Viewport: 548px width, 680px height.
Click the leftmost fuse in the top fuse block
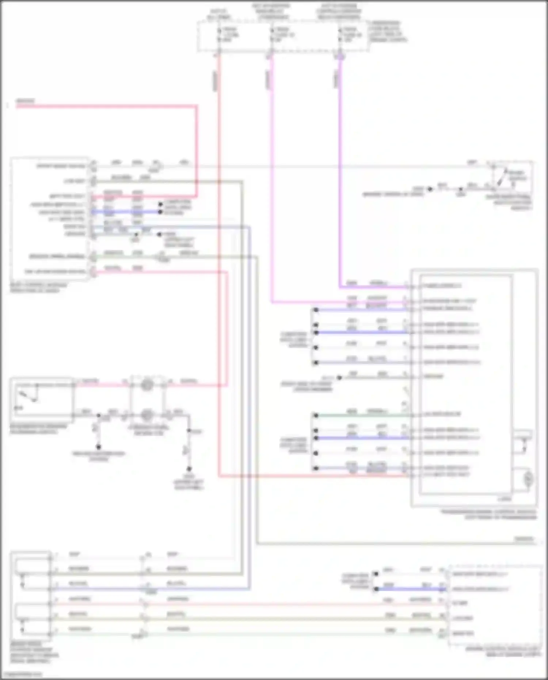point(220,35)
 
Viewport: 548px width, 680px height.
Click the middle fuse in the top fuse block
point(272,35)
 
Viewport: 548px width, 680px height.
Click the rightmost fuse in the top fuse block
point(340,35)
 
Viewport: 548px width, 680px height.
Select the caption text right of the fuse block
point(388,31)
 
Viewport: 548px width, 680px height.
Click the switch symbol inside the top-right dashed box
point(502,179)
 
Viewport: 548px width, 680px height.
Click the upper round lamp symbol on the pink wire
point(147,385)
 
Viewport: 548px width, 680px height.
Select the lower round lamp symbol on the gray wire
point(147,415)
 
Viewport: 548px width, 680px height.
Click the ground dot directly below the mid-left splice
point(98,447)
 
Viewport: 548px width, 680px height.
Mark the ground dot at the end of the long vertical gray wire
point(189,469)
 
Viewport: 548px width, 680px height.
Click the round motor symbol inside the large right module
point(528,479)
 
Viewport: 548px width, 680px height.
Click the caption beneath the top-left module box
point(38,288)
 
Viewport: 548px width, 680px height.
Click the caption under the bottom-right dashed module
point(503,651)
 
